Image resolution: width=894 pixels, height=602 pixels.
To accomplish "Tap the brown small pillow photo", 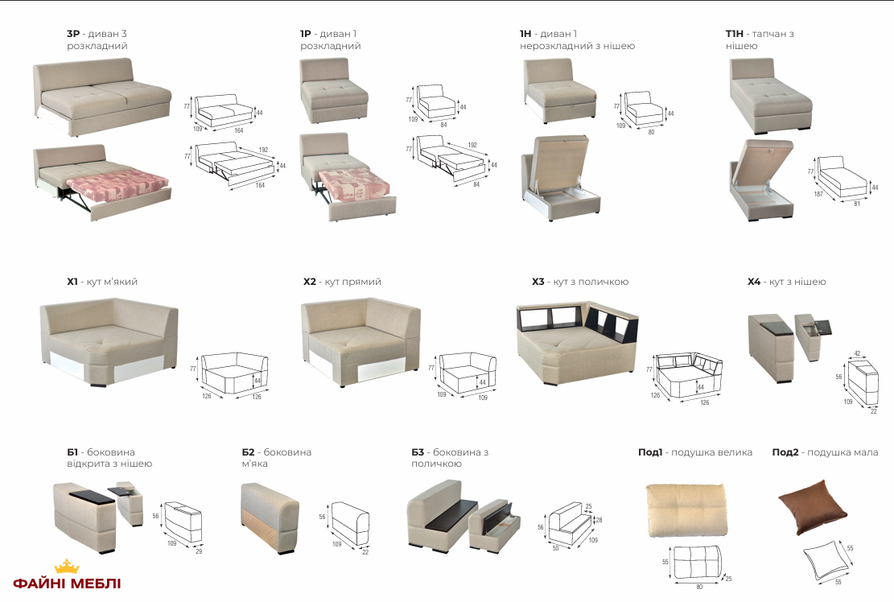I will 812,506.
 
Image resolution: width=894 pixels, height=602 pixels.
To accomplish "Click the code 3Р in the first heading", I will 73,34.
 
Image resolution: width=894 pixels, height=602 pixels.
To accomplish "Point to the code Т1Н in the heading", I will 734,34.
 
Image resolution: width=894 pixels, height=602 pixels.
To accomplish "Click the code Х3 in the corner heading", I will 538,282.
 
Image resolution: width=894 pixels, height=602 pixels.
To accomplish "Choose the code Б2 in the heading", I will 248,452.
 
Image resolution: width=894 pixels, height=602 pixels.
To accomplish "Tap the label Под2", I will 785,452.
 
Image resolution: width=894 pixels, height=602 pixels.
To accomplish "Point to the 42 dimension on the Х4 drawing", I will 857,353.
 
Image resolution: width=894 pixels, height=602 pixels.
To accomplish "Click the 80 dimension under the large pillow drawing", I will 699,587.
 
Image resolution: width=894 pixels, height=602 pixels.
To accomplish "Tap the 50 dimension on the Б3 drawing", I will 556,548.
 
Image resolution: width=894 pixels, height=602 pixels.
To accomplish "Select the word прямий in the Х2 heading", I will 362,282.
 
